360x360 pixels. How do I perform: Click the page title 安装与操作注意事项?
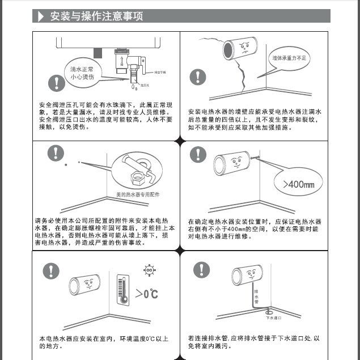click(x=96, y=16)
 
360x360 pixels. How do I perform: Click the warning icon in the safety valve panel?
click(x=56, y=83)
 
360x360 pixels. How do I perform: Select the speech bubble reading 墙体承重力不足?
click(x=288, y=58)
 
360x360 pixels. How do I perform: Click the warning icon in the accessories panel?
click(x=55, y=153)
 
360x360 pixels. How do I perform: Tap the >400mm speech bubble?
click(x=294, y=184)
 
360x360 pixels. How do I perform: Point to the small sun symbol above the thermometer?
click(x=150, y=271)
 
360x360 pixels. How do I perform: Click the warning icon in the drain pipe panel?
click(x=201, y=270)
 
